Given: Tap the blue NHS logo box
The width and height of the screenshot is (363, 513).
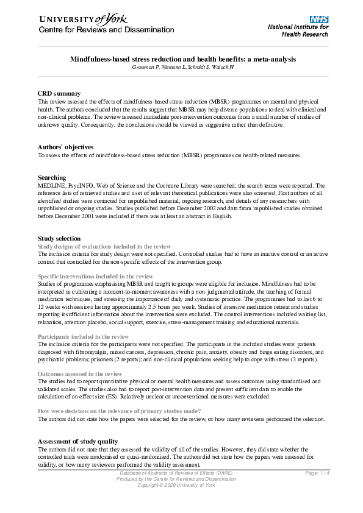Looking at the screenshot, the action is tap(319, 19).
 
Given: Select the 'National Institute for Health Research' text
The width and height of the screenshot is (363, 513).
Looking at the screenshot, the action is tap(298, 30).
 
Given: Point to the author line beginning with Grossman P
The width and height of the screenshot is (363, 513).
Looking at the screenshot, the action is tap(182, 66).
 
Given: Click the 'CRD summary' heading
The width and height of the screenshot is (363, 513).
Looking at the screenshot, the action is tap(59, 93).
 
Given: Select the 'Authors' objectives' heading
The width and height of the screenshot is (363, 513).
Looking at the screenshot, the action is tap(65, 147).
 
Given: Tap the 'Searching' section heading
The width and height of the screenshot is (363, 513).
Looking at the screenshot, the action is tap(52, 178).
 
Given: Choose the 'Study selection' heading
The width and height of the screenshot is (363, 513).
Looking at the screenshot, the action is tap(59, 238).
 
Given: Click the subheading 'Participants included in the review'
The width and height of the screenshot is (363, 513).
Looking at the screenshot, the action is tap(84, 336).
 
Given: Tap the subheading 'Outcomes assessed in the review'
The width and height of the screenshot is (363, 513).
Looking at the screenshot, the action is tap(80, 373).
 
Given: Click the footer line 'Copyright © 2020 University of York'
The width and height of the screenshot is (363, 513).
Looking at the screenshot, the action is tap(176, 485).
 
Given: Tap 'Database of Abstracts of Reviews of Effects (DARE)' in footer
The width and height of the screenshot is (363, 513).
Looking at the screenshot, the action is tap(176, 473).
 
